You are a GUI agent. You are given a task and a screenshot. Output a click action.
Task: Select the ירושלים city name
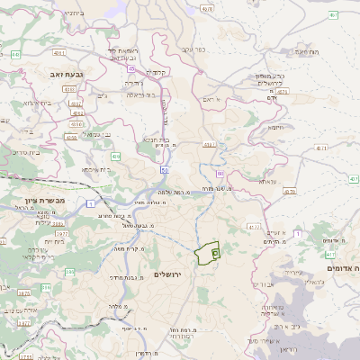[167, 274]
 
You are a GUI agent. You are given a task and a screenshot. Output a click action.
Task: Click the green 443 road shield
[16, 55]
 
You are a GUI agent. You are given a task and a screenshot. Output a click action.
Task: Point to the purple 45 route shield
[132, 68]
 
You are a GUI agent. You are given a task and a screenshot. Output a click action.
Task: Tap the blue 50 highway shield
[165, 168]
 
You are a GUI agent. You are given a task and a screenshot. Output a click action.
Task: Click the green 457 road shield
[333, 15]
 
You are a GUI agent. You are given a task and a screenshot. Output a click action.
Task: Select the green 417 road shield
[329, 256]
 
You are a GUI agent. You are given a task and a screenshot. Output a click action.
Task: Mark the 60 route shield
[219, 172]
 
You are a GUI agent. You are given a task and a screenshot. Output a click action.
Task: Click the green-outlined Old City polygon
[209, 252]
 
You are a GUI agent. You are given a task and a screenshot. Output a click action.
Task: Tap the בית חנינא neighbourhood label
[154, 139]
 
